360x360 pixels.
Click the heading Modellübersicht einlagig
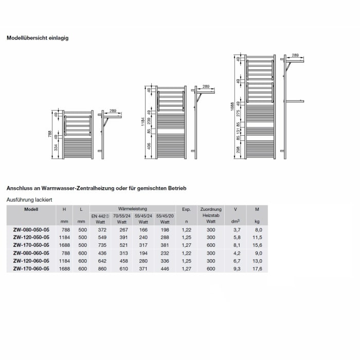tap(37, 38)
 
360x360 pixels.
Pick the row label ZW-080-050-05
tap(31, 230)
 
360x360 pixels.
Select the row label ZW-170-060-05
tap(31, 268)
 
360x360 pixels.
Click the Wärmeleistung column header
tap(133, 209)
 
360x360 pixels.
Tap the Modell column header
tap(31, 209)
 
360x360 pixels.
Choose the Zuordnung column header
tap(211, 209)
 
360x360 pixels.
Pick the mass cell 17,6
tap(258, 268)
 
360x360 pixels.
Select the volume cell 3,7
tap(237, 230)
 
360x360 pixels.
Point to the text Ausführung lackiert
tap(29, 199)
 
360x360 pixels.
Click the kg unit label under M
tap(258, 222)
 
